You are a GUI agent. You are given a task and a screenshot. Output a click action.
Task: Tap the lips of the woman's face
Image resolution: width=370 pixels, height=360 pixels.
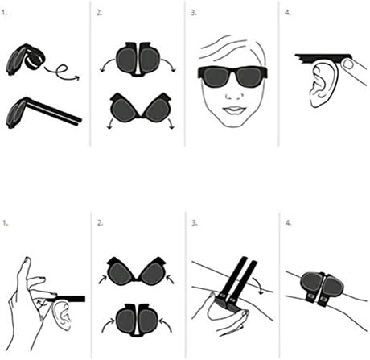pos(234,110)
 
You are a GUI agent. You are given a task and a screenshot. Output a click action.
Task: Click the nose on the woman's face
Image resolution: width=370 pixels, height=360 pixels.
pos(234,95)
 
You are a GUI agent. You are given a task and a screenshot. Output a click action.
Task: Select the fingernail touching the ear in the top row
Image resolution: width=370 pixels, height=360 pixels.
pos(348,64)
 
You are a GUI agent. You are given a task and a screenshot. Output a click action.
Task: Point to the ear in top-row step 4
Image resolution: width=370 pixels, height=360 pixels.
pos(323,82)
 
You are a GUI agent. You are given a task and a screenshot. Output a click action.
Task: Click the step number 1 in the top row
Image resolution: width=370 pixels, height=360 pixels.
pos(4,12)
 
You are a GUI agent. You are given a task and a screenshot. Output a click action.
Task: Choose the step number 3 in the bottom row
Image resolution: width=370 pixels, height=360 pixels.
pos(194,223)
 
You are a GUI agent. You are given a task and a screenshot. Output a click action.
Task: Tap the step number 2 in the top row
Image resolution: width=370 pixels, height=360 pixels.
pos(99,13)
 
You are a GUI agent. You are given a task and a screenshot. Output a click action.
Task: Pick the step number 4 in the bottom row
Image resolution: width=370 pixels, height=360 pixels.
pos(288,223)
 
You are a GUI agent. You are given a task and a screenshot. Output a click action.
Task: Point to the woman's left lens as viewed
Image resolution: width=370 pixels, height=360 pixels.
pos(216,77)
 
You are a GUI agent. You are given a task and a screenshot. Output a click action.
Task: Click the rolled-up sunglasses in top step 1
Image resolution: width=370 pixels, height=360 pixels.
pos(25,60)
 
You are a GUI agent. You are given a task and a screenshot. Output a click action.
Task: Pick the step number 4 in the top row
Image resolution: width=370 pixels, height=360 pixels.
pos(287,13)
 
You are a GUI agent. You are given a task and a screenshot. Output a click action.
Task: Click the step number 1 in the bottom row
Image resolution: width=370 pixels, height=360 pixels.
pos(5,223)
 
